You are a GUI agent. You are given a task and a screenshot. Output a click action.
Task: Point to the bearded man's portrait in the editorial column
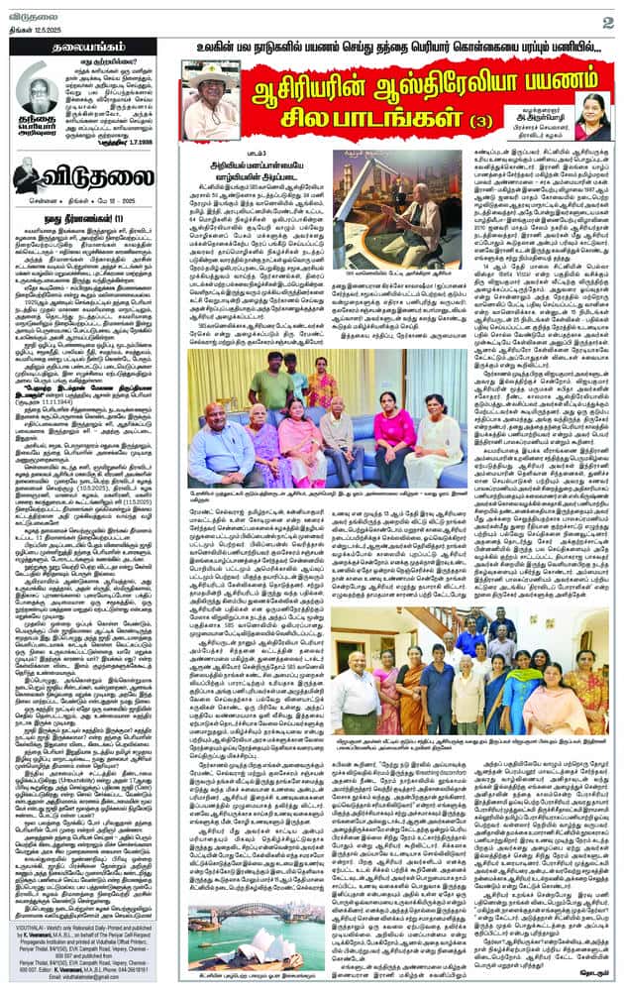[37, 91]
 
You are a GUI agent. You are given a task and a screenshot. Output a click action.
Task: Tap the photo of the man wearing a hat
[210, 99]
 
